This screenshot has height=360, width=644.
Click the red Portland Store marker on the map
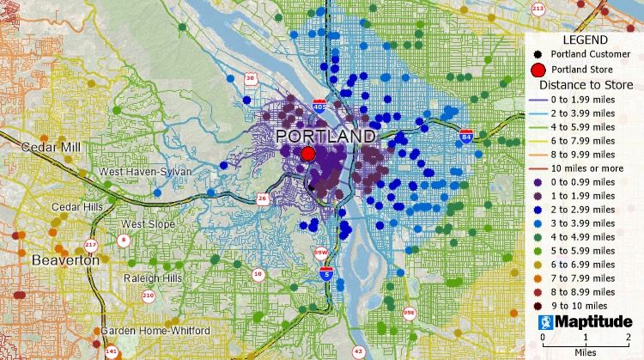coord(308,154)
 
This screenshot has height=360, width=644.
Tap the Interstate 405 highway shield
coord(319,107)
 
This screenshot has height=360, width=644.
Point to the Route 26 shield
coord(262,199)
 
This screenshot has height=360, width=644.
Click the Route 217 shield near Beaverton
coord(92,245)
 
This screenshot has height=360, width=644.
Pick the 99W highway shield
coord(320,253)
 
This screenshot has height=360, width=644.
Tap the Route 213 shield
coord(538,9)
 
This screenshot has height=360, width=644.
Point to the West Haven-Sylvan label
coord(145,172)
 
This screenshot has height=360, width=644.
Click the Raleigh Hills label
coord(151,279)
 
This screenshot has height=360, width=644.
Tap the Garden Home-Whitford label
coord(156,331)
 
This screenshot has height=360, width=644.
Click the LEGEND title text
coord(585,40)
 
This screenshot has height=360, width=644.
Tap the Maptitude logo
coord(585,323)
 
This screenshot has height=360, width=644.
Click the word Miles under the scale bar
coord(587,352)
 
